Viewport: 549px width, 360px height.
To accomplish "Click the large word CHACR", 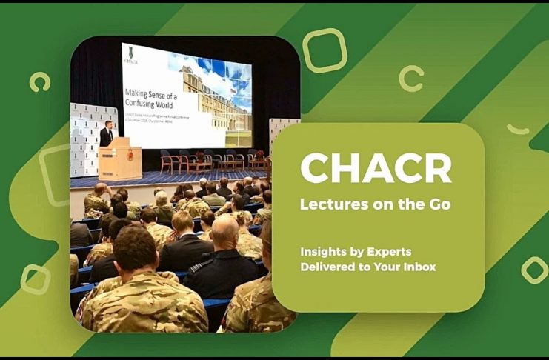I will pos(376,169).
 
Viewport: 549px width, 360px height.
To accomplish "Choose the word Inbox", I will pos(418,266).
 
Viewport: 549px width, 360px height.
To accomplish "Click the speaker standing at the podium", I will pos(107,134).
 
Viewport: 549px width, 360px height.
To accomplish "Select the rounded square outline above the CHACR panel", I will pos(325,50).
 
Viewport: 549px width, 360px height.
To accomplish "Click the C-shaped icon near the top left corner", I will pos(39,81).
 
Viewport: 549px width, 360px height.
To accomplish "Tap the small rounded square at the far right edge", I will pos(534,270).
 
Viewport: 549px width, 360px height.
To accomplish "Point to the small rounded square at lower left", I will pos(35,279).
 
